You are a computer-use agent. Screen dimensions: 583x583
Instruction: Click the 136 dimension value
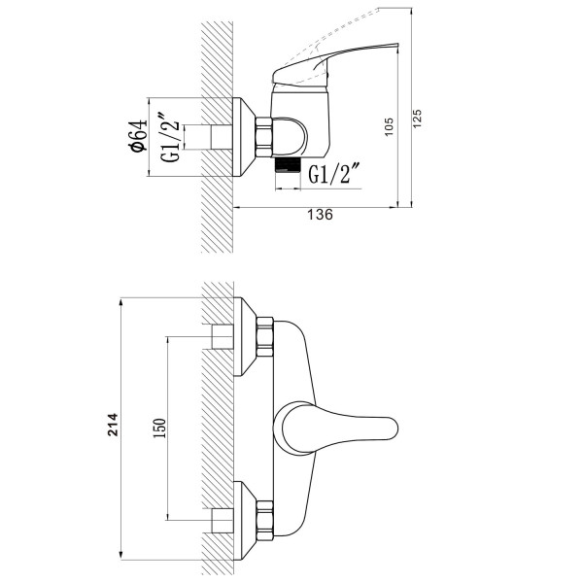click(320, 215)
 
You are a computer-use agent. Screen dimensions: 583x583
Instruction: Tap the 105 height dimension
click(389, 126)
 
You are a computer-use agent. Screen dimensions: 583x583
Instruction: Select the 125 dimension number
click(417, 119)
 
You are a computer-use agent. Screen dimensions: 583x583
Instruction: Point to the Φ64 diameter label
click(137, 136)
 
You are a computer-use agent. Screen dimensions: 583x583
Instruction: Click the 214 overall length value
click(113, 425)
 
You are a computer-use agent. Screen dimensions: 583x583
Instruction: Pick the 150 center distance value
click(159, 428)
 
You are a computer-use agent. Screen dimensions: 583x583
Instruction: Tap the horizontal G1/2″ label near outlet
click(335, 174)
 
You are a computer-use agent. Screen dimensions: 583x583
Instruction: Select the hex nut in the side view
click(264, 136)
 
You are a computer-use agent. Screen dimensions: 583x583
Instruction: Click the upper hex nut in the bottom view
click(264, 337)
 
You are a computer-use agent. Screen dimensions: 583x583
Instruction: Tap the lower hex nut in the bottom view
click(264, 521)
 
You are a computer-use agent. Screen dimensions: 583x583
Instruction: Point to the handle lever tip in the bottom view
click(396, 428)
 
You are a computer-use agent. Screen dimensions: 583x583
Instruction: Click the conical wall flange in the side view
click(244, 137)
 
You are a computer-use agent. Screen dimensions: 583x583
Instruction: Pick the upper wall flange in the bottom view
click(244, 336)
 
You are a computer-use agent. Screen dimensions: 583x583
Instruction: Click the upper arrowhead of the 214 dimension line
click(120, 302)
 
